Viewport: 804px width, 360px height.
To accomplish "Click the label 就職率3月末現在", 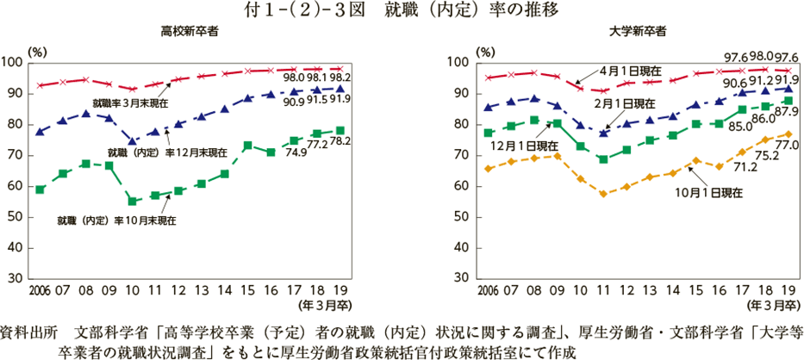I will (130, 103).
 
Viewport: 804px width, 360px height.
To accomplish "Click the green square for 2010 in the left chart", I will (133, 201).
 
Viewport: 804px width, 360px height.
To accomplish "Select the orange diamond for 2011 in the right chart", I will (604, 195).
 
